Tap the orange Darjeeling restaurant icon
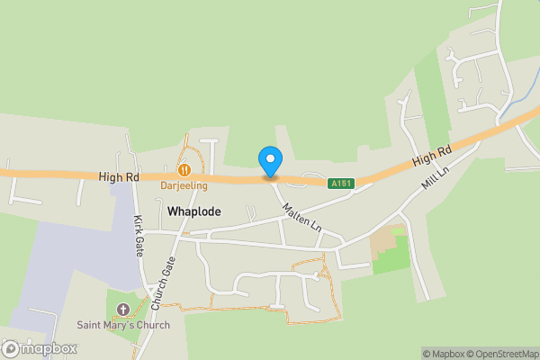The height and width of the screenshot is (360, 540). (x=184, y=168)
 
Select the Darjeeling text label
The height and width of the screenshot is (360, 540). (x=184, y=185)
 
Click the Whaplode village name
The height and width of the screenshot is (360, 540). (x=193, y=211)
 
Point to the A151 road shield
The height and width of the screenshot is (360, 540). (x=341, y=184)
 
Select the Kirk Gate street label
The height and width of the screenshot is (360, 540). (x=139, y=237)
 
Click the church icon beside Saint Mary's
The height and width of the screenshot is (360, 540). (x=123, y=310)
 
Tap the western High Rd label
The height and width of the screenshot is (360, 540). (x=120, y=177)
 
